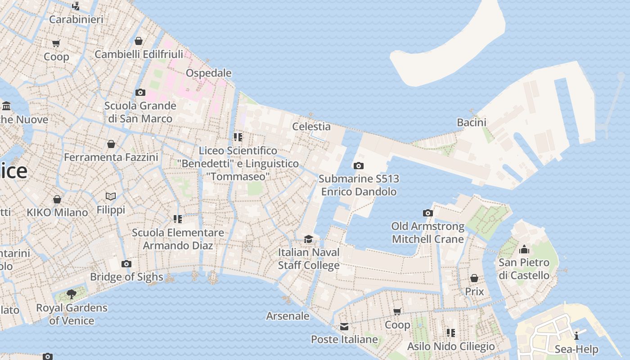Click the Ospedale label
tap(209, 73)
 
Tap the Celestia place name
tap(311, 126)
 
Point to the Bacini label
tap(472, 122)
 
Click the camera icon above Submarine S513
tap(359, 166)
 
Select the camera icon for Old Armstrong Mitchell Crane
tap(428, 213)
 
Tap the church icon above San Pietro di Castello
tap(524, 249)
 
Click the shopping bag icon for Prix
tap(474, 279)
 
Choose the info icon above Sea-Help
tap(576, 336)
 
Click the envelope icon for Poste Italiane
tap(344, 326)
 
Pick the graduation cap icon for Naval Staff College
tap(308, 239)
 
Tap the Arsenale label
tap(288, 316)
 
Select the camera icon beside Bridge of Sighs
tap(126, 264)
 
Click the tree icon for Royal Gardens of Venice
tap(72, 294)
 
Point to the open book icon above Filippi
tap(111, 196)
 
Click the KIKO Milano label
tap(57, 212)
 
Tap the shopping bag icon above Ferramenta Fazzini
tap(111, 144)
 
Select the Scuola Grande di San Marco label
tap(140, 112)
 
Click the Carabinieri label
tap(76, 19)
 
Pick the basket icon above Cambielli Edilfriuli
tap(139, 41)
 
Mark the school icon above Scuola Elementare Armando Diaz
tap(178, 219)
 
